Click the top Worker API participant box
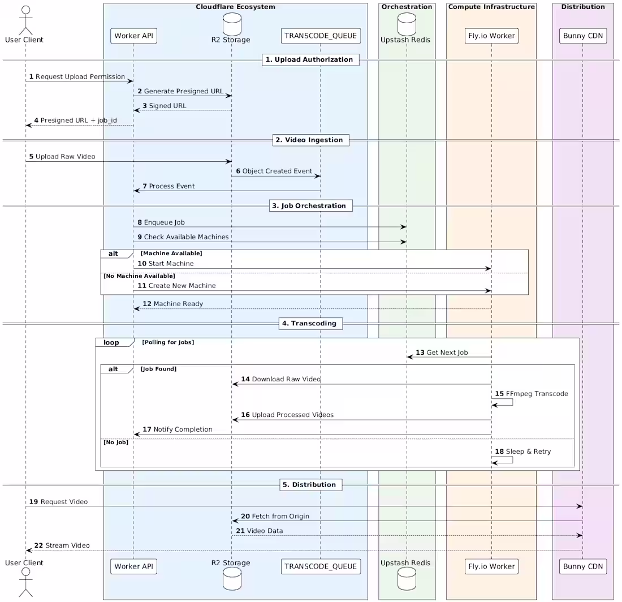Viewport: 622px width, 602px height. pyautogui.click(x=133, y=36)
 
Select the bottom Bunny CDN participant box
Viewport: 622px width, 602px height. pyautogui.click(x=582, y=566)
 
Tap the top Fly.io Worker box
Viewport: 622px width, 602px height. pyautogui.click(x=491, y=36)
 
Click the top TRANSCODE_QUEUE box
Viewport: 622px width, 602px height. pyautogui.click(x=321, y=36)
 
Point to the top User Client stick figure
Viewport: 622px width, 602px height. pyautogui.click(x=25, y=19)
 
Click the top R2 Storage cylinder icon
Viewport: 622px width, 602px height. pyautogui.click(x=232, y=22)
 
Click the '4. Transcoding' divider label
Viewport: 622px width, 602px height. pyautogui.click(x=310, y=324)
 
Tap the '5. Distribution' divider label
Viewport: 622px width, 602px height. pyautogui.click(x=310, y=484)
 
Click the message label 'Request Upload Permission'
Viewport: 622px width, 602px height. pyautogui.click(x=80, y=76)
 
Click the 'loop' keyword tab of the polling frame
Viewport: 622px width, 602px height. pyautogui.click(x=111, y=342)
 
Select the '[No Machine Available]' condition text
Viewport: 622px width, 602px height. pyautogui.click(x=139, y=276)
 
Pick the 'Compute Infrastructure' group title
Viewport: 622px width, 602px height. pyautogui.click(x=491, y=7)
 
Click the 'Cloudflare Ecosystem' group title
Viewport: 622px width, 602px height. pyautogui.click(x=235, y=7)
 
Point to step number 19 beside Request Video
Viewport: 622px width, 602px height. pyautogui.click(x=33, y=502)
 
